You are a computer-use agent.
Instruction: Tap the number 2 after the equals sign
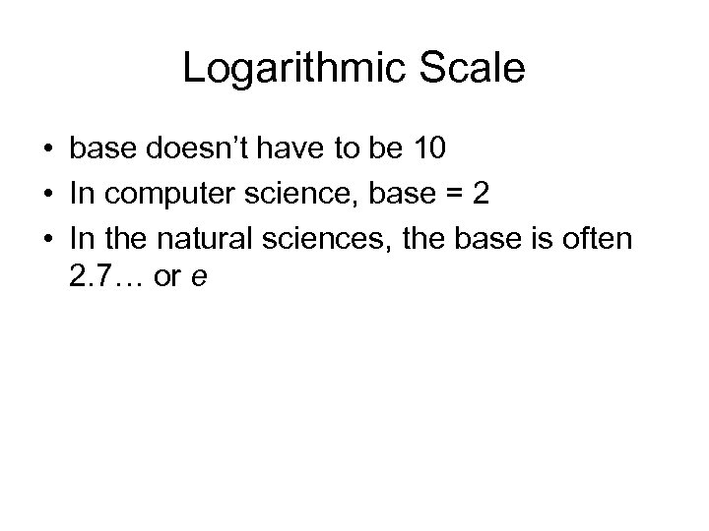tap(481, 193)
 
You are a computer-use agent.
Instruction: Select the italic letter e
tap(199, 278)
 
